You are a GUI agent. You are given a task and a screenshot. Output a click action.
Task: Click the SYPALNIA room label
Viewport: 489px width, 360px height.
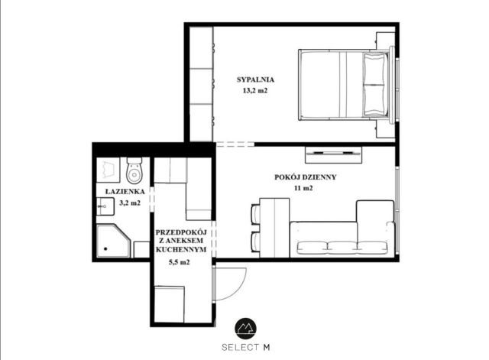[x=255, y=79]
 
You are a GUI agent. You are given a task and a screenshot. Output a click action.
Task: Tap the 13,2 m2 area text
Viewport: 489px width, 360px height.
[x=255, y=91]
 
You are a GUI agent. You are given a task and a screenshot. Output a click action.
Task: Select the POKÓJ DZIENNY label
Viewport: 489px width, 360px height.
[x=306, y=177]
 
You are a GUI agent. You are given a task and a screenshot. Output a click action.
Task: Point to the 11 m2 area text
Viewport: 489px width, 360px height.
[x=303, y=188]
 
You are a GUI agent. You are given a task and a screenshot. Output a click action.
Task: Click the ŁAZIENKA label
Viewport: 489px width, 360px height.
[x=125, y=192]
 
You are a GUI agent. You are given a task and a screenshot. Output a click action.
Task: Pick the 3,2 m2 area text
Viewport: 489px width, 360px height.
[x=130, y=203]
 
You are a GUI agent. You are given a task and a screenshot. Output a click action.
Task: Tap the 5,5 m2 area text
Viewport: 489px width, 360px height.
[x=179, y=262]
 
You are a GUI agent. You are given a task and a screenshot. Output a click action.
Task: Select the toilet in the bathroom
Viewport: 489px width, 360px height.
[x=134, y=170]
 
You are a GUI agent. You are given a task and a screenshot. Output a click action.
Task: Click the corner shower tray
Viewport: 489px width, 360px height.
[x=113, y=241]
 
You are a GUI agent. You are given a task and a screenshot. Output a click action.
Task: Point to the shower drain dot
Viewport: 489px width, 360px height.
[x=105, y=248]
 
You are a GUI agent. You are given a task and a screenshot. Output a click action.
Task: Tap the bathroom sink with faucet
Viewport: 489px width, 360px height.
[x=105, y=206]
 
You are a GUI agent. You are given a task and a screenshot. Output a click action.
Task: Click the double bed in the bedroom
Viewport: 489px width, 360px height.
[x=345, y=85]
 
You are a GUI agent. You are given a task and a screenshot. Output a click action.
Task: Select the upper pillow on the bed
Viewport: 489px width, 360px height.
[x=375, y=68]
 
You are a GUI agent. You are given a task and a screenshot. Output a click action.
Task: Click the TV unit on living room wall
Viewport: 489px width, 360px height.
[x=333, y=154]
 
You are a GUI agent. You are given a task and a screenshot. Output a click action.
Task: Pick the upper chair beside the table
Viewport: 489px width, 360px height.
[x=255, y=214]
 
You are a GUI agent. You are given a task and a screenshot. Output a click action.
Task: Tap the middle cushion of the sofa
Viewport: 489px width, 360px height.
[x=342, y=248]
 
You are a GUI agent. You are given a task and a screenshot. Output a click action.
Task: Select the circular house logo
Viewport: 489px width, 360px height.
[x=246, y=329]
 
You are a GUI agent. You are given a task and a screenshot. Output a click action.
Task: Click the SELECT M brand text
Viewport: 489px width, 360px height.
[x=246, y=347]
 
